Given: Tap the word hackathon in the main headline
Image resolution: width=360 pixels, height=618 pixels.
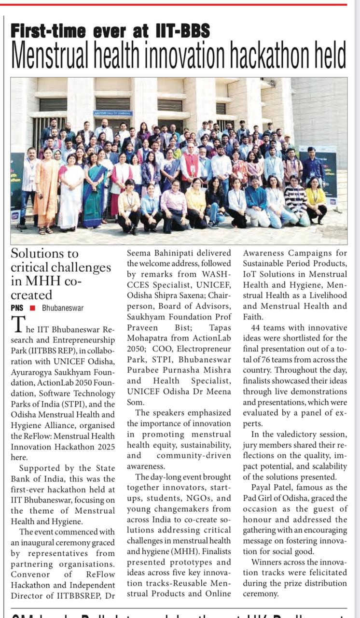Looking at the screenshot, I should pyautogui.click(x=259, y=55).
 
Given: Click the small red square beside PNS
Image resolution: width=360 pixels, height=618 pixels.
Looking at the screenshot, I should pyautogui.click(x=32, y=308).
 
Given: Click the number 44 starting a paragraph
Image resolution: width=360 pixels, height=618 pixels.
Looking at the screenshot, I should pyautogui.click(x=249, y=328).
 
